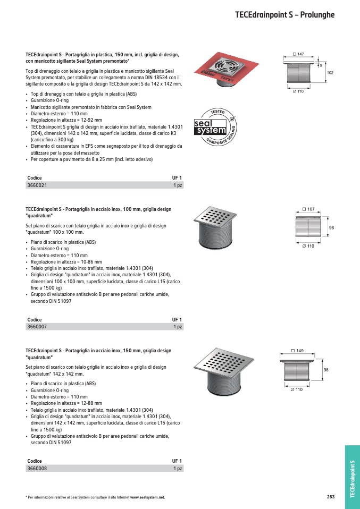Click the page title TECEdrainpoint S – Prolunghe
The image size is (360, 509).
point(284,15)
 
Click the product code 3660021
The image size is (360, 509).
point(37,185)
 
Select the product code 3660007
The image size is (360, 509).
point(37,327)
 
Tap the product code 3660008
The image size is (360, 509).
point(37,469)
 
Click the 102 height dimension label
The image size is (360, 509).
point(330,72)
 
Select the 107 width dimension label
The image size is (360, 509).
point(308,209)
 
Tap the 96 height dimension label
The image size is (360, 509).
point(331,227)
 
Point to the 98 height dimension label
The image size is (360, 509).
point(326,369)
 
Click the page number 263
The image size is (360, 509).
point(331,497)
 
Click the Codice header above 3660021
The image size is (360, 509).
point(34,178)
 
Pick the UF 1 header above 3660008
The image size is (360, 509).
point(177,461)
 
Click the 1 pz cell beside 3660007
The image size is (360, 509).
point(178,327)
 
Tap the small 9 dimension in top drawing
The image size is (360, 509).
point(320,65)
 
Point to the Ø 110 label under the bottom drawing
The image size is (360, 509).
point(296,389)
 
